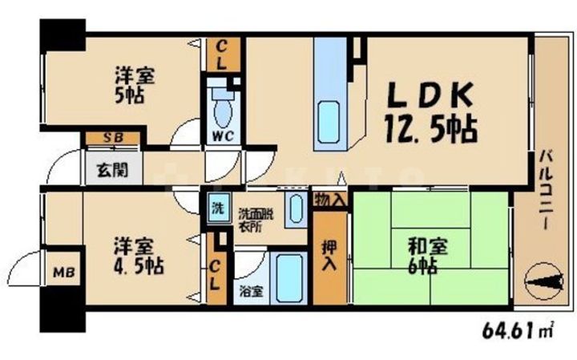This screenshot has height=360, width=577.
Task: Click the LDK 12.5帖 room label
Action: (433, 112)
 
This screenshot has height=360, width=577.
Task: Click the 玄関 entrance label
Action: (112, 170)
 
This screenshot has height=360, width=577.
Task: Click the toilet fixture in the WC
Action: (222, 104)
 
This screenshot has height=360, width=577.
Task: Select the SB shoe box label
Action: (113, 138)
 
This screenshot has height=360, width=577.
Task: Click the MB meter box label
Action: (62, 273)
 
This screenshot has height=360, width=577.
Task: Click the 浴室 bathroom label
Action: (250, 291)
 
